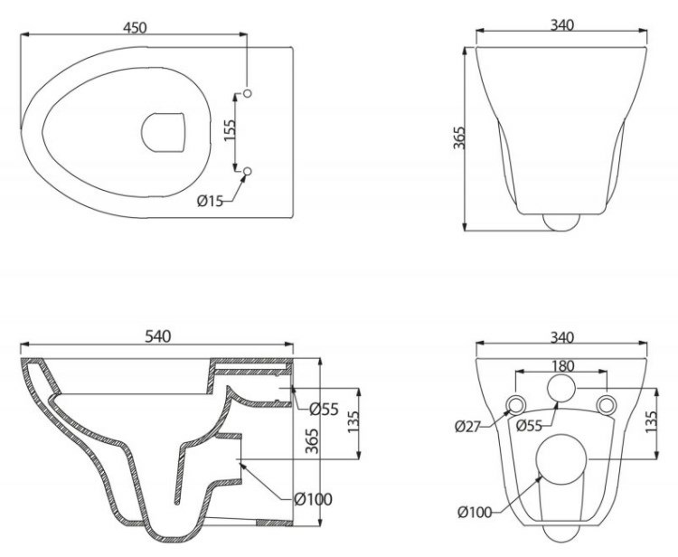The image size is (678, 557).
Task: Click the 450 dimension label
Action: [135, 27]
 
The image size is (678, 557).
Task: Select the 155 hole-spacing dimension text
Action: [230, 129]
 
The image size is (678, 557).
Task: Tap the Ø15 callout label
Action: [210, 201]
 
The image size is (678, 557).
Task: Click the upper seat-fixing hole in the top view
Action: [248, 93]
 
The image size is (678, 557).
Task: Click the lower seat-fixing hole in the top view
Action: [248, 172]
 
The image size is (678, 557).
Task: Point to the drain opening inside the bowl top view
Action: [164, 132]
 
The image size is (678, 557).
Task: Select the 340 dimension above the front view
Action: [562, 25]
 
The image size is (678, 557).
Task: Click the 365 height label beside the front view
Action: [458, 138]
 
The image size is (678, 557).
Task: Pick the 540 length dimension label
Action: [157, 336]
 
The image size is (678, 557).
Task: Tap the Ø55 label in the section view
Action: [324, 409]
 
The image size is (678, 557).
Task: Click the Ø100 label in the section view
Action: [313, 499]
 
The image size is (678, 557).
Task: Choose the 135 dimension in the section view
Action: [353, 421]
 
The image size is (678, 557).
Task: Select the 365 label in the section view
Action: [312, 440]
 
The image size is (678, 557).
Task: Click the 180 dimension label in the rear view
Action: [562, 366]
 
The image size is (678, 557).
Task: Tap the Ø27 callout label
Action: [468, 427]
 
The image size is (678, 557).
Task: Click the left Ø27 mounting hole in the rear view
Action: [516, 405]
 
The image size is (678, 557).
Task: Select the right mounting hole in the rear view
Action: [606, 405]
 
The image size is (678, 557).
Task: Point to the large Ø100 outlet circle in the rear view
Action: [560, 459]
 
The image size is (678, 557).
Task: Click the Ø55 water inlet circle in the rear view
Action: [561, 389]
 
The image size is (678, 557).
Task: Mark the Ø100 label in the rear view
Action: [475, 513]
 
